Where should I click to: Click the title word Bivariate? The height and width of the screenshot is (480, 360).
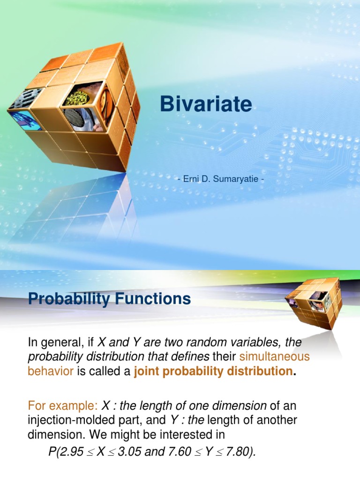coord(206,105)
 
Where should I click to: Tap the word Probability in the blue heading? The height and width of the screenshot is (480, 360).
coord(67,299)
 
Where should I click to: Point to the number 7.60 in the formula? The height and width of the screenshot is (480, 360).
coord(200,452)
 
